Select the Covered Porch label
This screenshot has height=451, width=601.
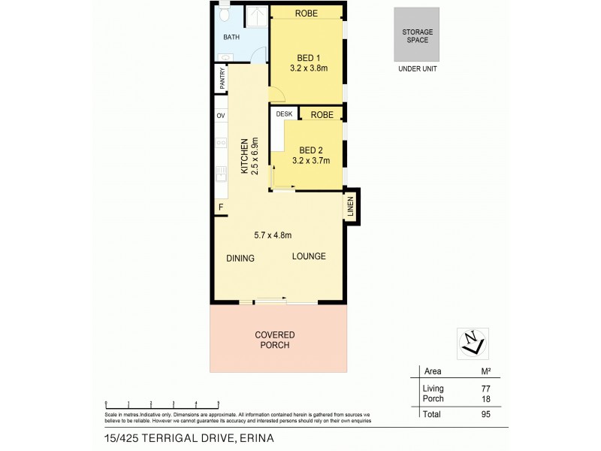[x=274, y=340]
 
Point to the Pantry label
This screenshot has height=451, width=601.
[x=222, y=80]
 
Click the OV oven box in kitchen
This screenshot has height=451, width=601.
[x=221, y=116]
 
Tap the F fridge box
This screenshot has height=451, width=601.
[x=221, y=207]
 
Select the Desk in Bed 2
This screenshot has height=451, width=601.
[x=284, y=114]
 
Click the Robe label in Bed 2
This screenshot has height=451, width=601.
[x=322, y=114]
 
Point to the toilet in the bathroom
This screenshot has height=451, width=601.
[x=225, y=16]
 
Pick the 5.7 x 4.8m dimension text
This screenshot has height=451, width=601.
[x=273, y=235]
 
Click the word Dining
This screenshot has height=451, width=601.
[x=240, y=258]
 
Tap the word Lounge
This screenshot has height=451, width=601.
[x=309, y=256]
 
